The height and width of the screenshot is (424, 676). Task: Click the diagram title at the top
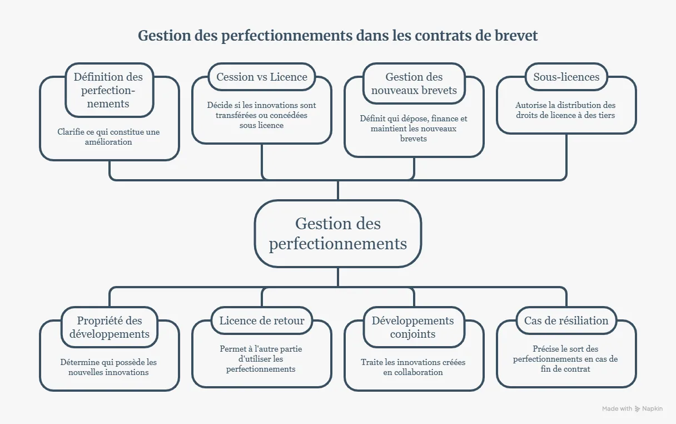coord(337,36)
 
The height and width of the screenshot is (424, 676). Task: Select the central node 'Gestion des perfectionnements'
coord(337,234)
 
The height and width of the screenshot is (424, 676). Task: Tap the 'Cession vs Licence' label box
coord(262,77)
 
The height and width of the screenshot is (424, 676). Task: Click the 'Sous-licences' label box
coord(566,77)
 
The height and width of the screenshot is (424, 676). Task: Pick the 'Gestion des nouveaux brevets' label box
coord(414,83)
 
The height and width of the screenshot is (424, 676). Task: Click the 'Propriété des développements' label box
coord(110,327)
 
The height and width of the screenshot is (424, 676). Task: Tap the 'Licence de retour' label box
coord(262,321)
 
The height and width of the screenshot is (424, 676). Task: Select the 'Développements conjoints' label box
coord(413,327)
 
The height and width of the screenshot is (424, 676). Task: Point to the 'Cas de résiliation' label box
coord(566,321)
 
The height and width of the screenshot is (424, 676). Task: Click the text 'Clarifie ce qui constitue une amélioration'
coord(108,137)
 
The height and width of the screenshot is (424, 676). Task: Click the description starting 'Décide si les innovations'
coord(261,115)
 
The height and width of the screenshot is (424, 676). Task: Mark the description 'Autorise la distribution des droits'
coord(565,110)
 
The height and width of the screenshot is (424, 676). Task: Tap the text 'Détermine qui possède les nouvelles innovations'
coord(108,367)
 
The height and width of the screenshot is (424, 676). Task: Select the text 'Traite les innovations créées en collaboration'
coord(413,367)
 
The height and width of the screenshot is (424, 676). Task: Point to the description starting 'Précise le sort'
coord(565,359)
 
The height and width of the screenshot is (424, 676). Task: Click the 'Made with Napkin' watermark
coord(632,408)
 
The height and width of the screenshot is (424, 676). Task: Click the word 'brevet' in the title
coord(516,36)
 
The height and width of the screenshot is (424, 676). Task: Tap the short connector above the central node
coord(337,190)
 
